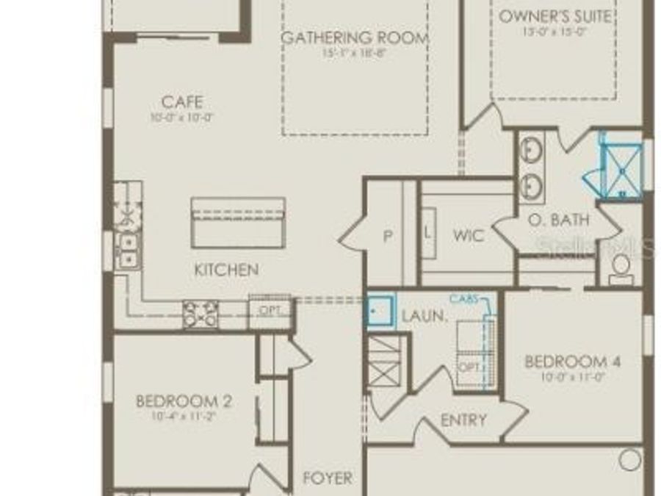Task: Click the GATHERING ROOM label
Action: (x=355, y=38)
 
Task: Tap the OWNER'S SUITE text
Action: (x=555, y=16)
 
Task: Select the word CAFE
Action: (x=182, y=102)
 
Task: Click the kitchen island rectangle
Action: (x=238, y=222)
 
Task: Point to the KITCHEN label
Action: (x=225, y=270)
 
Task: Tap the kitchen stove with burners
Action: (x=201, y=314)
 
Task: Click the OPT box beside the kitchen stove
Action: (x=270, y=310)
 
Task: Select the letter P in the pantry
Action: (x=388, y=236)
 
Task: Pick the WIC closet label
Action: (x=468, y=236)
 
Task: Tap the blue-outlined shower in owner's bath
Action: (x=621, y=169)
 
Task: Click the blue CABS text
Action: (x=464, y=298)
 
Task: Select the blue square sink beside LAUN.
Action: (x=380, y=310)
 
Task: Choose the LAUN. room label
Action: (x=425, y=317)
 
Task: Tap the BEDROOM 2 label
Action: (x=184, y=401)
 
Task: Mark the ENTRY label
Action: (x=463, y=420)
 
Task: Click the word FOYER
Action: (x=328, y=478)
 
